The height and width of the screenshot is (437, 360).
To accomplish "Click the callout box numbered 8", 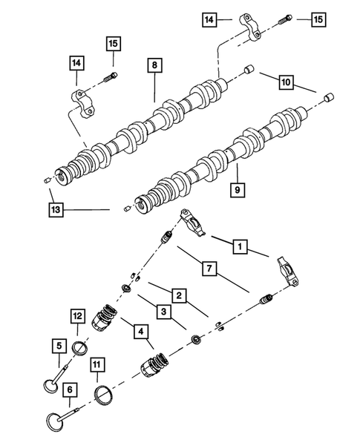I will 154,66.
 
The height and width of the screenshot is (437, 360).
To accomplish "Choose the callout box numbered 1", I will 240,244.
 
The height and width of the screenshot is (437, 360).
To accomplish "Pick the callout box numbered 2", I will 179,296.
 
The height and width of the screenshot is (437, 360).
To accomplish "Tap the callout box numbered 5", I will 56,344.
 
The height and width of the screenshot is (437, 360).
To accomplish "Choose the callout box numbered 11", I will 96,364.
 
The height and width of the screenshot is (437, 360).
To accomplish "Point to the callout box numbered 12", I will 77,316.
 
